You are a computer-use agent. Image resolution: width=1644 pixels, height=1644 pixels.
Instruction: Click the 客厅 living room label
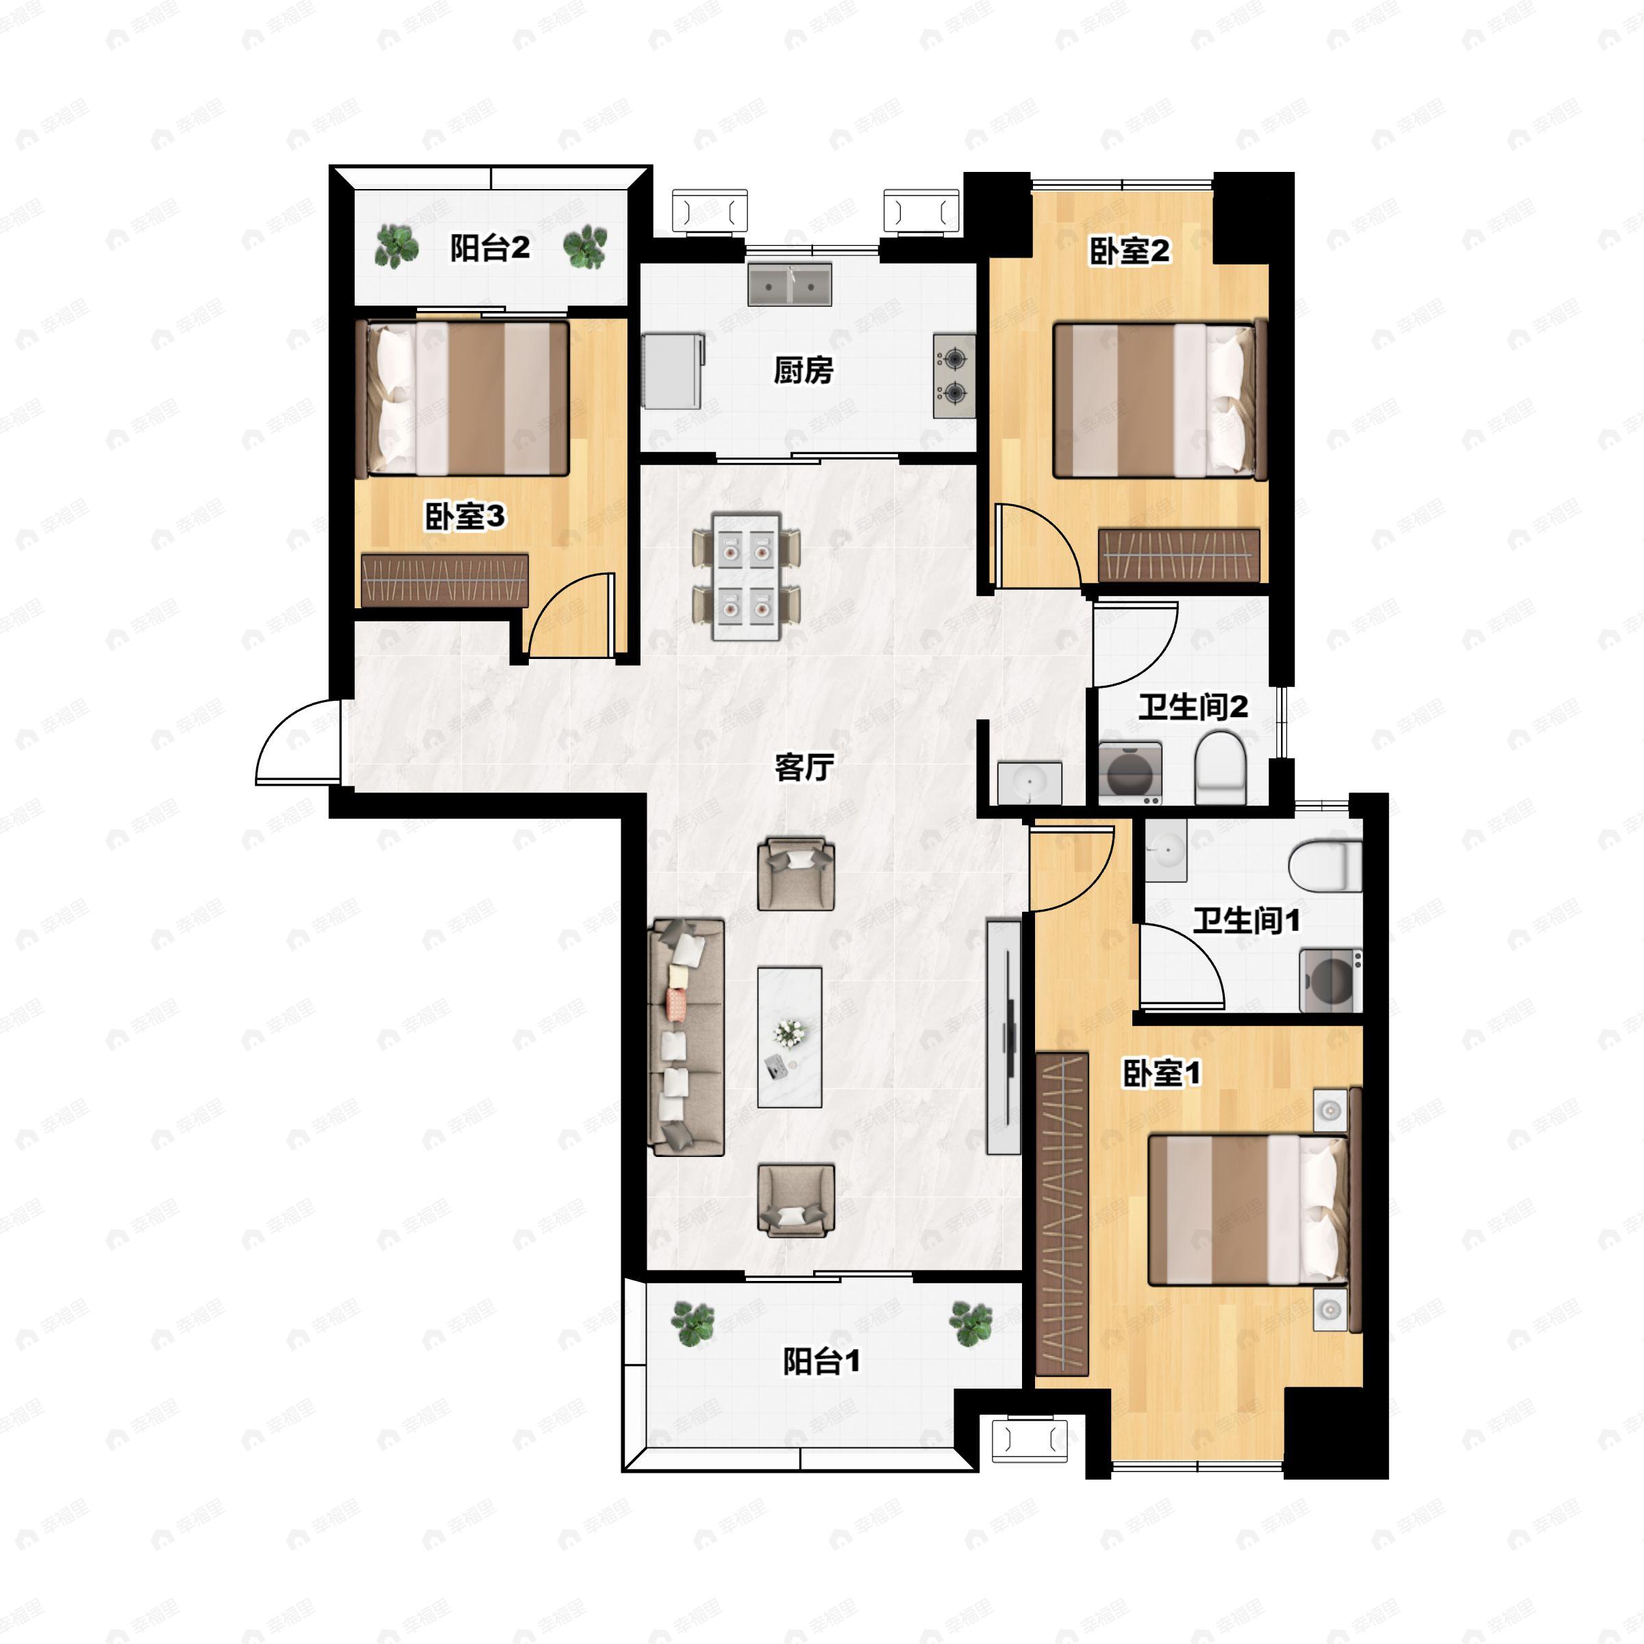click(x=804, y=767)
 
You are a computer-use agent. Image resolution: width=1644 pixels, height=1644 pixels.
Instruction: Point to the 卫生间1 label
click(x=1246, y=920)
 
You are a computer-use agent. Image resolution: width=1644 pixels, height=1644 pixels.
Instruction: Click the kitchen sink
click(x=790, y=284)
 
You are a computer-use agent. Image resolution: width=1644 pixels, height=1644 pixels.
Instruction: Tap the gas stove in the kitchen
click(x=954, y=376)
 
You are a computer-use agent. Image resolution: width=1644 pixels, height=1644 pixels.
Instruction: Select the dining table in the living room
click(x=746, y=576)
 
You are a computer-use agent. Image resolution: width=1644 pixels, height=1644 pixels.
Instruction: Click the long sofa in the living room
click(x=686, y=1036)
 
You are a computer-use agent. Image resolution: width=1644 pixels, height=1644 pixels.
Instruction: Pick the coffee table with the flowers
click(x=790, y=1036)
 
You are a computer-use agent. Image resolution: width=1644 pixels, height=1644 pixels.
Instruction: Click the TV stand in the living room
click(x=1004, y=1036)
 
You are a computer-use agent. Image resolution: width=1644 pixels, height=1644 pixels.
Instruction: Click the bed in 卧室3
click(x=467, y=397)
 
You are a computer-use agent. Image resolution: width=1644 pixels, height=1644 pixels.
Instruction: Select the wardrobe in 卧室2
click(x=1178, y=556)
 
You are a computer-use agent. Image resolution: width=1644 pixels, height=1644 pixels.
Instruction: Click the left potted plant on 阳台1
click(x=692, y=1323)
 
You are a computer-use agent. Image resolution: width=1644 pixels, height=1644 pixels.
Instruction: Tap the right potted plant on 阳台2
click(x=586, y=247)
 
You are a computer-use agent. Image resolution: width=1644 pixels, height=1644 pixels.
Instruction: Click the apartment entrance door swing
click(x=297, y=741)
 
